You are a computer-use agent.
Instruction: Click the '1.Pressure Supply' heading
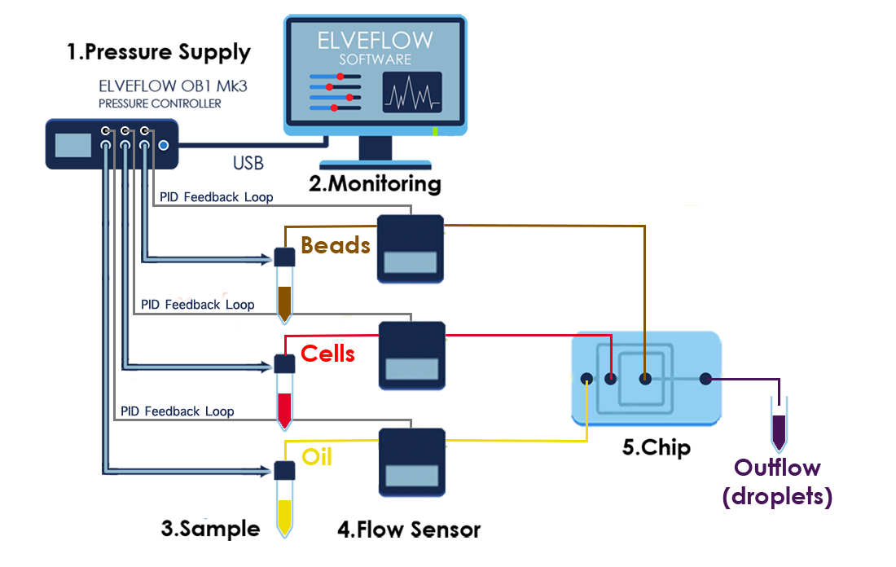click(159, 53)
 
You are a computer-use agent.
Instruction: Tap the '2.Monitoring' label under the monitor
click(375, 183)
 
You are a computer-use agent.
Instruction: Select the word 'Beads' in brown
click(336, 244)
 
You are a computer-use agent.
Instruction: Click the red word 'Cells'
click(327, 354)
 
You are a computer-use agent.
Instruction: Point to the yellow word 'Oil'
click(317, 456)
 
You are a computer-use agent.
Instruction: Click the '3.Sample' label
click(210, 529)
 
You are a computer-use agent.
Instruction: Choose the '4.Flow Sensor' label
click(409, 530)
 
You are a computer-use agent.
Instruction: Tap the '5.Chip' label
click(657, 448)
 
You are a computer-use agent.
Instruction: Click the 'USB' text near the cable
click(248, 164)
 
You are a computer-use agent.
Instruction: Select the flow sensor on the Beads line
click(411, 248)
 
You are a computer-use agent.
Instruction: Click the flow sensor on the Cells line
click(412, 355)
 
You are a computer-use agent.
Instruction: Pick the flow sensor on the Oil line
click(411, 462)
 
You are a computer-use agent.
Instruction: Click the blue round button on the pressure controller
click(164, 146)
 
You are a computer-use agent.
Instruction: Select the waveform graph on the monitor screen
click(412, 91)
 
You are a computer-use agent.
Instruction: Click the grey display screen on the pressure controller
click(72, 145)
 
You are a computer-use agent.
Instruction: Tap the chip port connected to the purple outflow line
click(705, 378)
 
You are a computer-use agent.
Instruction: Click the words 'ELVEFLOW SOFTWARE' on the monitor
click(376, 46)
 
